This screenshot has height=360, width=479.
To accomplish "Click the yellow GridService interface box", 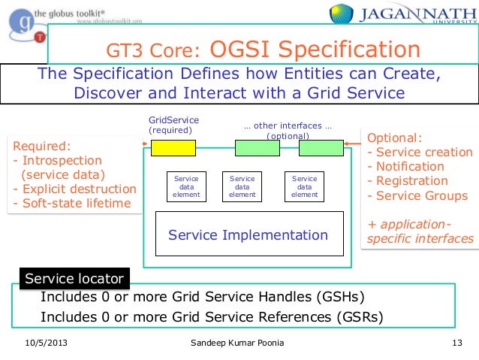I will point(173,148).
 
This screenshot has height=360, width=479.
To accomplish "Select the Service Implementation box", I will point(249,235).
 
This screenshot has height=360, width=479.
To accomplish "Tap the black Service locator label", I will point(74,279).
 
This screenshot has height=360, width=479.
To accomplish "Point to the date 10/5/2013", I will point(47,345).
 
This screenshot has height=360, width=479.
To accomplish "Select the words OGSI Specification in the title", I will point(315,50).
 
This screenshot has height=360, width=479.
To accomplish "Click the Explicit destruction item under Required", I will point(75,189).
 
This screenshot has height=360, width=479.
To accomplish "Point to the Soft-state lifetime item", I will point(72,203).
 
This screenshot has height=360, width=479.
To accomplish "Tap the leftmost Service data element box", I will point(185,186).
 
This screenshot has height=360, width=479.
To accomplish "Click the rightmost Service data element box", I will point(304,186).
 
